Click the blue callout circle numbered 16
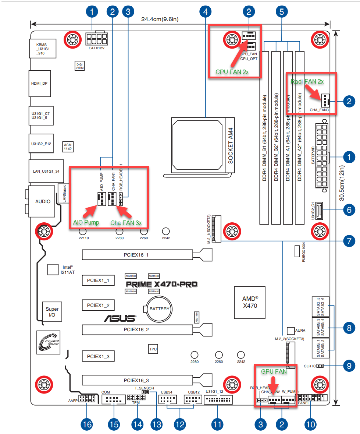[87, 424]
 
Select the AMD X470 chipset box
[250, 301]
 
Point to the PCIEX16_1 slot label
[136, 255]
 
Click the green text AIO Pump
[86, 223]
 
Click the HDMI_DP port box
[39, 84]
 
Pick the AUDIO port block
[43, 201]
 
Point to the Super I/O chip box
[52, 312]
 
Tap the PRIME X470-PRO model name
[161, 284]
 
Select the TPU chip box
[153, 349]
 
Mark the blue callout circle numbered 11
[217, 424]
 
